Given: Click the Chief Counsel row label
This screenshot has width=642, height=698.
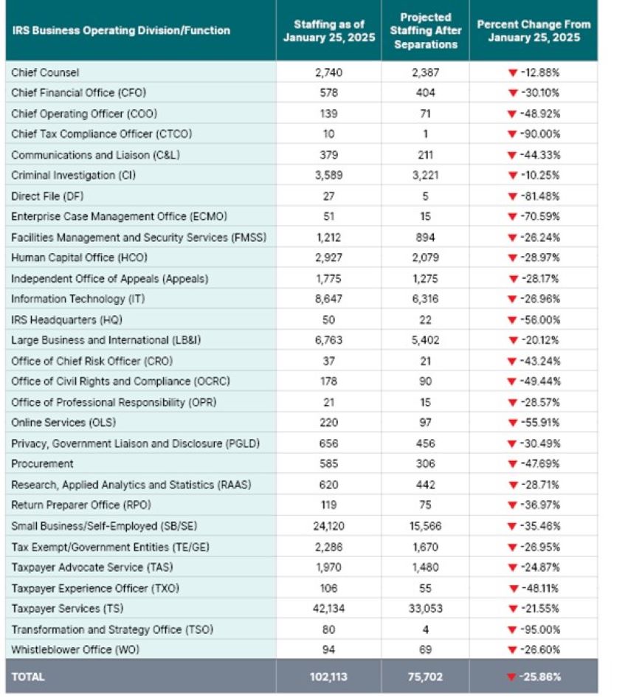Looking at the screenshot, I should [45, 72].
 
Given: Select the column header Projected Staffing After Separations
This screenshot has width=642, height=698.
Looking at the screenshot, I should [425, 30].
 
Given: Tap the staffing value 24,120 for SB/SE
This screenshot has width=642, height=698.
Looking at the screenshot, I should [329, 526].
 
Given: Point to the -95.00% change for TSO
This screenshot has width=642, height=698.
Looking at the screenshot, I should [539, 629].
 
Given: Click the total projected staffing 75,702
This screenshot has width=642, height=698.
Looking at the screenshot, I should [425, 677].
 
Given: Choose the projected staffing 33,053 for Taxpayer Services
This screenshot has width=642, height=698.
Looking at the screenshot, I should [425, 609].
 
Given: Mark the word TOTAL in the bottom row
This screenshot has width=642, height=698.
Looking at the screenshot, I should [28, 677].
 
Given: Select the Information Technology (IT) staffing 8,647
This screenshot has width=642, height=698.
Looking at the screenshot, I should [329, 300].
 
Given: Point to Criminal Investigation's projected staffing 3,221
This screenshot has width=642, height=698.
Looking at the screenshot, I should [425, 176].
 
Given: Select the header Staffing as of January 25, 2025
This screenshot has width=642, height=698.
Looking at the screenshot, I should [329, 30].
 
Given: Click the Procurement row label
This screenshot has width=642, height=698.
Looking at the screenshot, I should [42, 464].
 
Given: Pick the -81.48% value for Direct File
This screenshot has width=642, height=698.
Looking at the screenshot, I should [539, 196].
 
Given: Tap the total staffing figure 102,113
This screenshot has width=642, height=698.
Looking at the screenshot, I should [329, 677].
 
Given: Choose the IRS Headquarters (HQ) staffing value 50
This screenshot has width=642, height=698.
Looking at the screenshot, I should [329, 320].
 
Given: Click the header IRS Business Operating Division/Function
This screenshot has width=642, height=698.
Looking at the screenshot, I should [121, 30].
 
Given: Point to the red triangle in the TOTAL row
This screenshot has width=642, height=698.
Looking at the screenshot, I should [511, 677].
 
